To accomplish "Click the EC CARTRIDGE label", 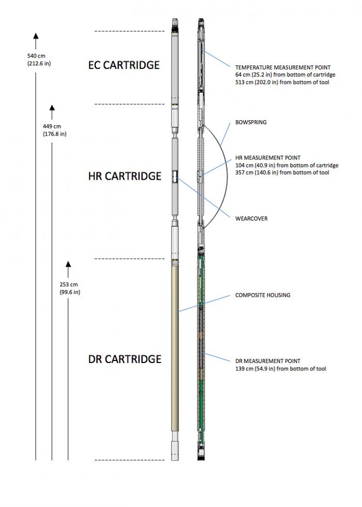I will [124, 65].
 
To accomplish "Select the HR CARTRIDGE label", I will [125, 176].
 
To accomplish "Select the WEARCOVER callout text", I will [252, 219].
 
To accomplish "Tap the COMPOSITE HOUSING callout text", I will [263, 295].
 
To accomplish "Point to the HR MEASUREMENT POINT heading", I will [268, 158].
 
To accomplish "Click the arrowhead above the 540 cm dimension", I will [36, 35].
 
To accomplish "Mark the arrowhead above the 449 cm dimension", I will [52, 108].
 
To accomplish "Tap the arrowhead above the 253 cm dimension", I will [68, 265].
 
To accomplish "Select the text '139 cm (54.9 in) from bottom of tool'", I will [280, 369].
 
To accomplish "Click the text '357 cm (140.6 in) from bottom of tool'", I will [281, 172].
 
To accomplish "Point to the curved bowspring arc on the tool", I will [226, 176].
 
